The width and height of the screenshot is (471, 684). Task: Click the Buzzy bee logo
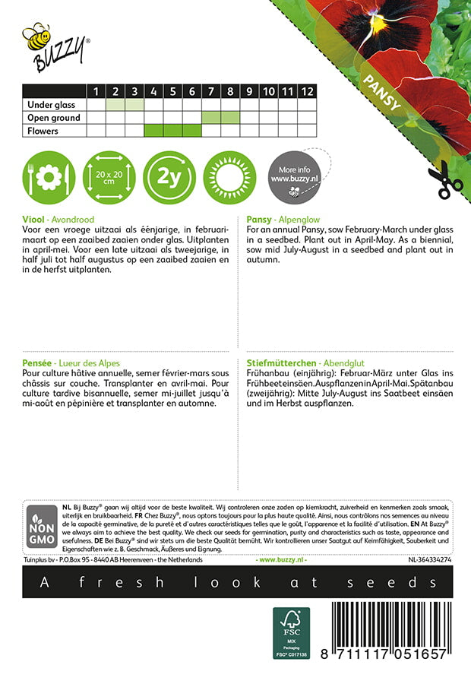pos(55,46)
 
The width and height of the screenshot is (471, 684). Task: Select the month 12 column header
pos(306,91)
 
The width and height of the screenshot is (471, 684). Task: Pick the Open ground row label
pos(53,118)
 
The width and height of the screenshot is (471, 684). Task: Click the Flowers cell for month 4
pos(154,131)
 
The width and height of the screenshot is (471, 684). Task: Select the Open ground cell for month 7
pos(211,118)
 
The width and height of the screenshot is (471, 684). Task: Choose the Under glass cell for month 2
pos(116,105)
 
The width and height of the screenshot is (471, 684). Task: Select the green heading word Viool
pos(34,218)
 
